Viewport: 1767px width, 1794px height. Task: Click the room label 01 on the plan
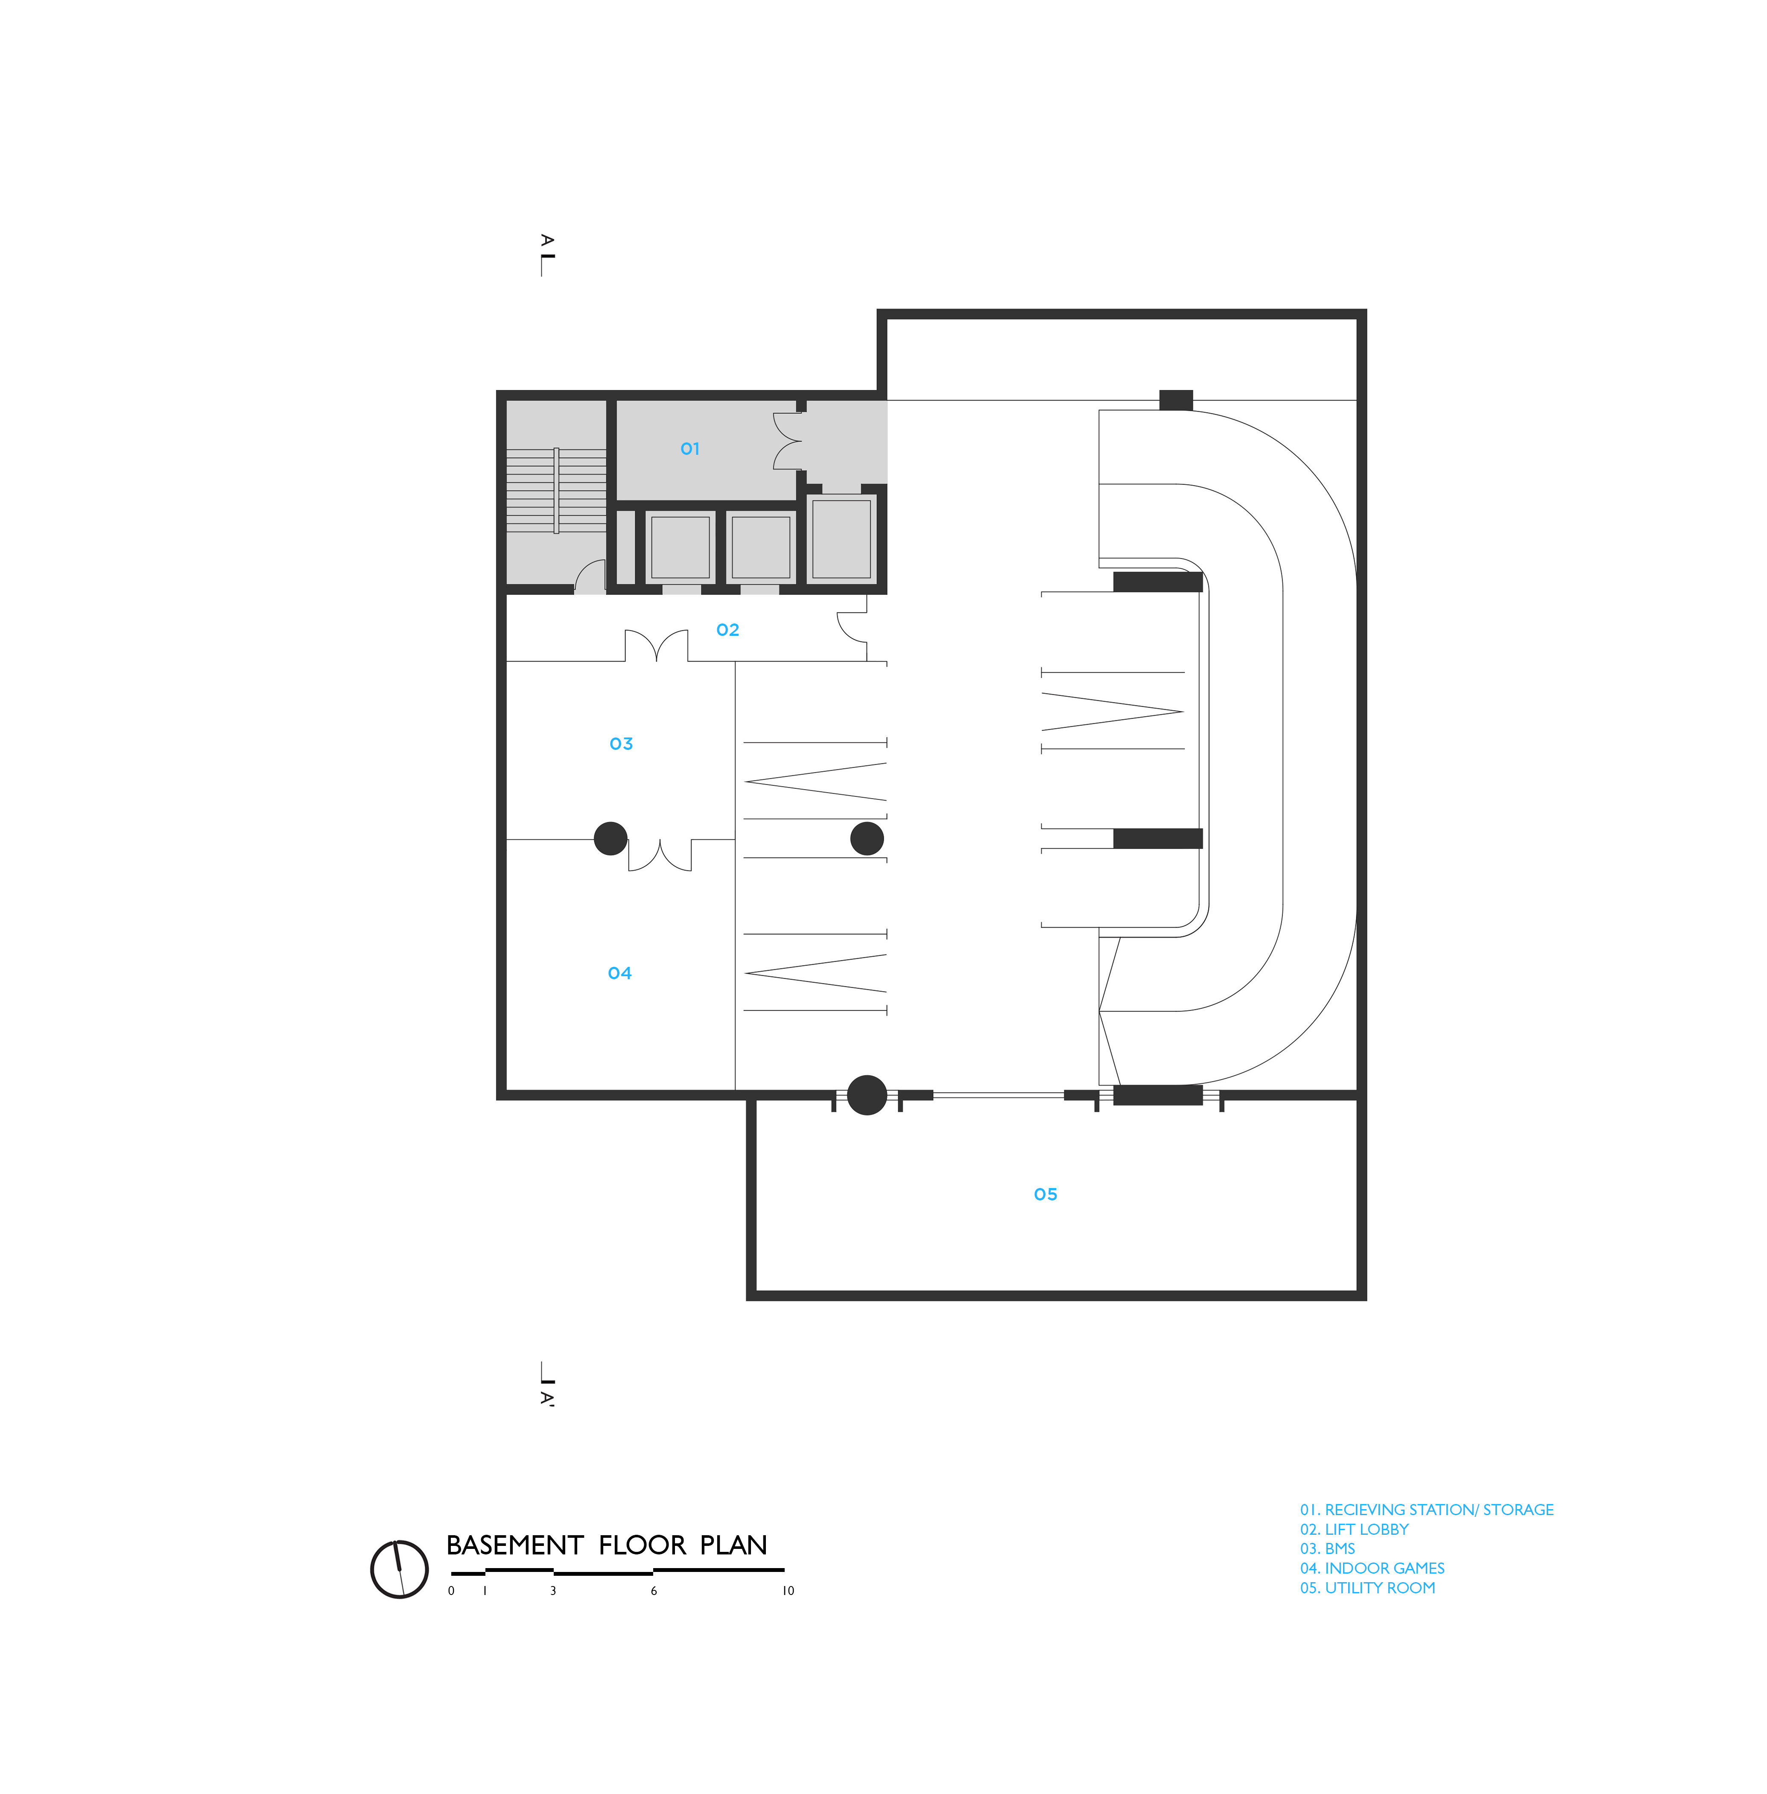tap(689, 448)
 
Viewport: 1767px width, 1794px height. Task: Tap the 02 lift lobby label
tap(727, 630)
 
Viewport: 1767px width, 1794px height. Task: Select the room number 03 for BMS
tap(621, 743)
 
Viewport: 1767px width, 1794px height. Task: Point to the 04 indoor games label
tap(619, 973)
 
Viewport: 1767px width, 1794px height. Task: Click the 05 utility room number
tap(1045, 1194)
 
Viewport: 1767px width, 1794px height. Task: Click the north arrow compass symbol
tap(399, 1569)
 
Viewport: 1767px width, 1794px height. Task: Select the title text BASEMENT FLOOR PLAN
tap(607, 1545)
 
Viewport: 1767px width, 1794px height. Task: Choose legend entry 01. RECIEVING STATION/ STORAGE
tap(1426, 1510)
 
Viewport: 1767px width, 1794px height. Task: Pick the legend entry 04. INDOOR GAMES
tap(1372, 1569)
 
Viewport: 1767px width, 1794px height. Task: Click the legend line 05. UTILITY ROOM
tap(1367, 1588)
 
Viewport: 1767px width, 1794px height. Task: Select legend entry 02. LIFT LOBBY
tap(1354, 1530)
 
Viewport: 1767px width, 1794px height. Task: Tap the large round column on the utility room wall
tap(867, 1095)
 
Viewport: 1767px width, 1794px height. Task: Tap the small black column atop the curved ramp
tap(1176, 400)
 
